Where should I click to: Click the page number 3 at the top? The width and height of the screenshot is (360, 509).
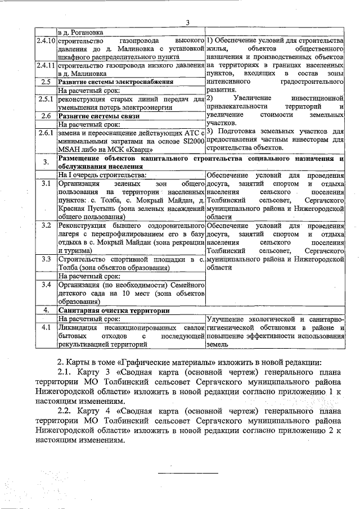click(188, 22)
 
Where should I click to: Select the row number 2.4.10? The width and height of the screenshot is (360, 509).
click(45, 42)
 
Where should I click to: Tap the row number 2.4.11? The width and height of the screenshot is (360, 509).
click(45, 66)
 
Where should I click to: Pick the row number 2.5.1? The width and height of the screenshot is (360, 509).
click(45, 99)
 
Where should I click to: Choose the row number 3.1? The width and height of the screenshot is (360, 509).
click(45, 183)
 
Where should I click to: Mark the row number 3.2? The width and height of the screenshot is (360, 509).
click(45, 226)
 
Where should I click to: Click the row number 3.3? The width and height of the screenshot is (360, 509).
click(45, 259)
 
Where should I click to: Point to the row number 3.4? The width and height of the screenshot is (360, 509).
click(45, 285)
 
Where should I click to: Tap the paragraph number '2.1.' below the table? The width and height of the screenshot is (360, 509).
click(67, 373)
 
